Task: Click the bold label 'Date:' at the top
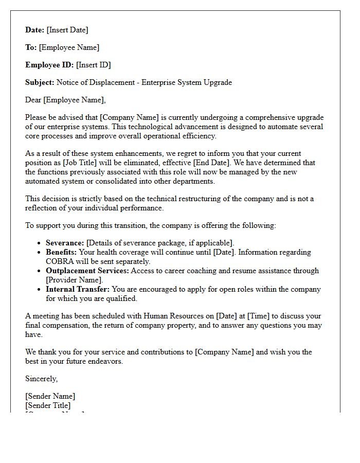coord(35,30)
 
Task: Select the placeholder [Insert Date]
coord(67,30)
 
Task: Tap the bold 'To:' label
coord(31,47)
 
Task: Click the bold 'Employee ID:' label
coord(49,65)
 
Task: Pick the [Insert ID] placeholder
coord(94,65)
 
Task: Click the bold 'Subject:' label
coord(40,82)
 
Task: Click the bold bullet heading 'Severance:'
coord(65,243)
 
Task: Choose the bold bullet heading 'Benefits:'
coord(61,252)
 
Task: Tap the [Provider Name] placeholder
coord(74,280)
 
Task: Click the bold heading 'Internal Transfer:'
coord(78,289)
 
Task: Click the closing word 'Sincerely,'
coord(42,379)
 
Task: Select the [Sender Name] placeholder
coord(50,396)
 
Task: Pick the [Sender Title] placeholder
coord(48,405)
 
